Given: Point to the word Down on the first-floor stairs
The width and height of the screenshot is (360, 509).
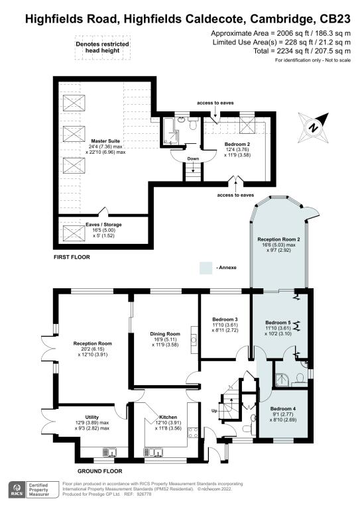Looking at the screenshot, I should (194, 159).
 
